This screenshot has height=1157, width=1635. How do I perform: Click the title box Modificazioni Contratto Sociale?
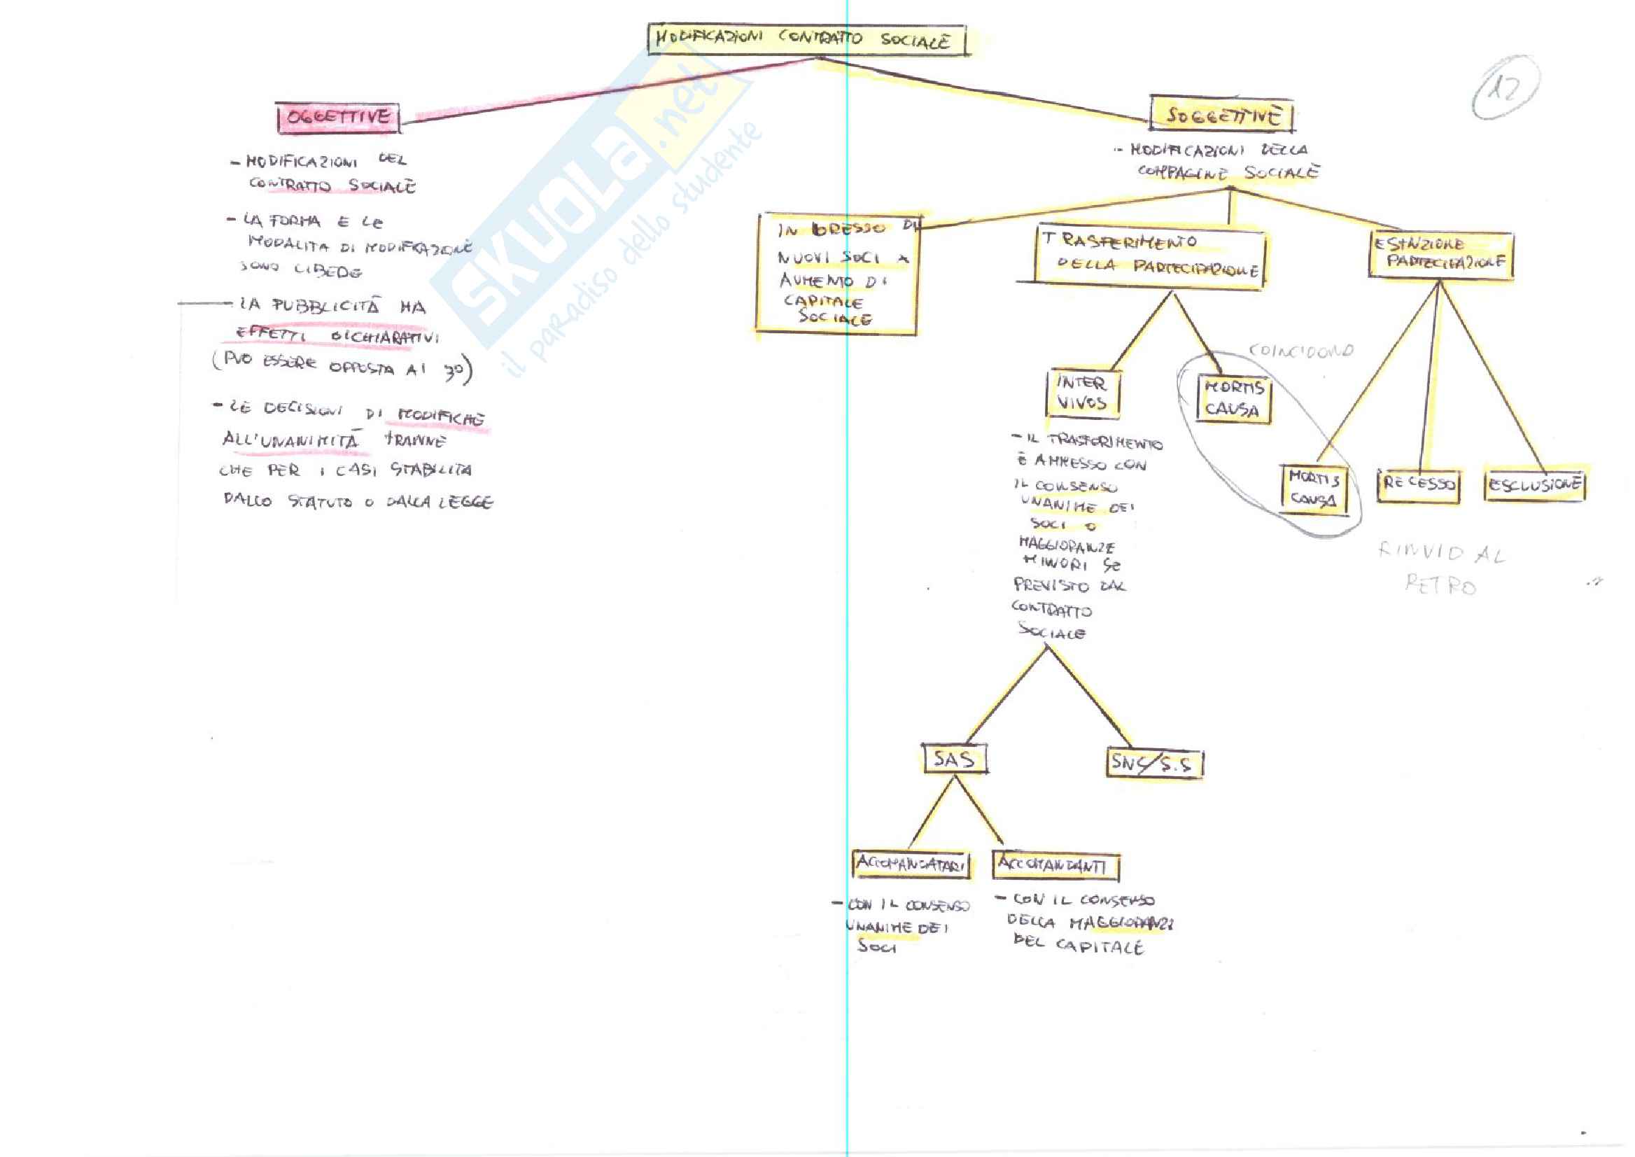click(x=806, y=39)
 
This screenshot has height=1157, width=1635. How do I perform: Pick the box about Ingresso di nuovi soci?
click(x=838, y=274)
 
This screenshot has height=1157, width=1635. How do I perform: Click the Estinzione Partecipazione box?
click(x=1440, y=254)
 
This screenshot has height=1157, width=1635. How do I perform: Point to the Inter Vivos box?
click(x=1082, y=393)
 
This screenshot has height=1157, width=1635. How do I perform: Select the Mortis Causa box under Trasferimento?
click(x=1233, y=399)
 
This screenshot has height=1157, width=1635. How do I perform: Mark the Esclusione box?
click(x=1534, y=486)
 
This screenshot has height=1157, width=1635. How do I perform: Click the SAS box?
click(x=953, y=759)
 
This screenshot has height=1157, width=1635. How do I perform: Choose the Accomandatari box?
click(x=911, y=864)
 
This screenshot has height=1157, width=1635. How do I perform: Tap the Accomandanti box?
click(x=1054, y=866)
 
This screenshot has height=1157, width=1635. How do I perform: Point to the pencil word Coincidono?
click(x=1301, y=351)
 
